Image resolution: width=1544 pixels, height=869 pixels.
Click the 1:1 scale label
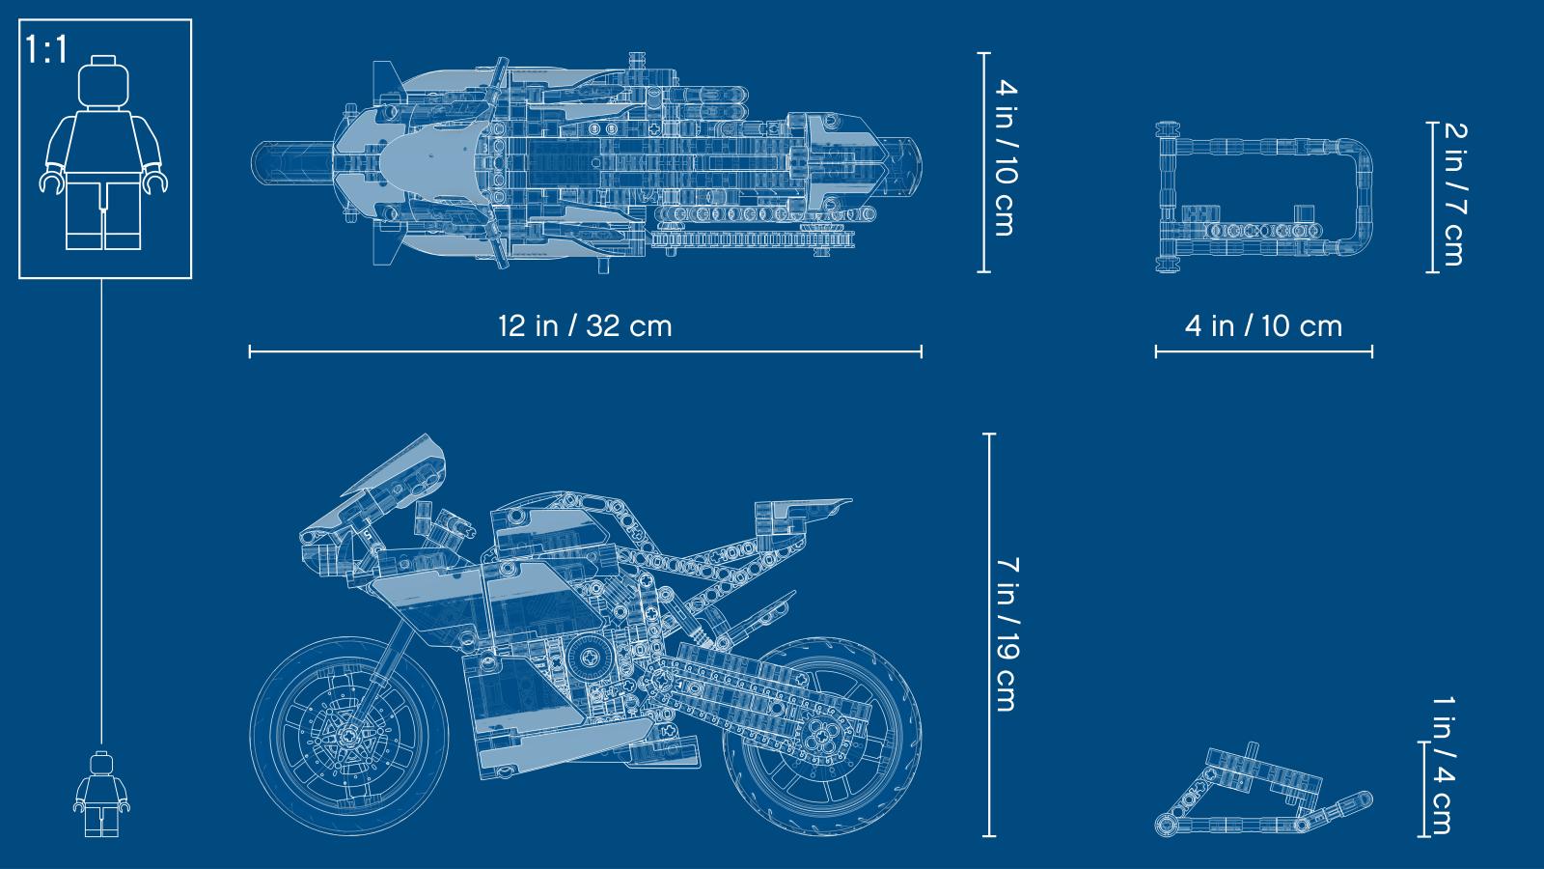(x=47, y=49)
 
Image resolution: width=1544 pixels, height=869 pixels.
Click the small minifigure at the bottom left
(x=102, y=794)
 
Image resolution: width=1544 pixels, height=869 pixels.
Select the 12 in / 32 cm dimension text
(x=585, y=325)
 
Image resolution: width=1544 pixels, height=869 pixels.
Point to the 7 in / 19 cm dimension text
(x=1007, y=634)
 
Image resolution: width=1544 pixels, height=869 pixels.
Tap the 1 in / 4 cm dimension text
(x=1444, y=766)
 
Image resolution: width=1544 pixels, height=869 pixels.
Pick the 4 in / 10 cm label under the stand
(x=1263, y=325)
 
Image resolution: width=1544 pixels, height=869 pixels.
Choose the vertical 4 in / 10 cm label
(x=1006, y=158)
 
